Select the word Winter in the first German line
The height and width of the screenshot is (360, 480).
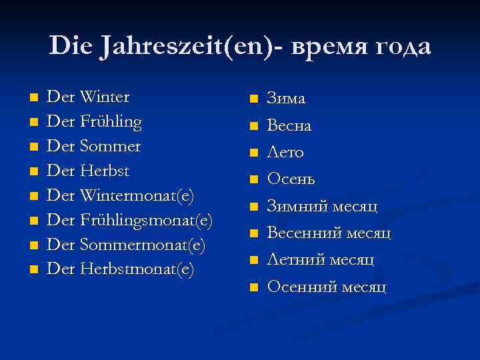(104, 97)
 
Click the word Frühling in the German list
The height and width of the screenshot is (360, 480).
(111, 122)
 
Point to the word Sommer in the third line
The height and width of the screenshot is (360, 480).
(110, 146)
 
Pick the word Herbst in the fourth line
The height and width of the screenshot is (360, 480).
(104, 171)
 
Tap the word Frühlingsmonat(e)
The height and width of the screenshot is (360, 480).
(146, 221)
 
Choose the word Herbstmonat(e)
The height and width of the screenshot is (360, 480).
(137, 269)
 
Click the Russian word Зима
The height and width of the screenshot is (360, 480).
(286, 99)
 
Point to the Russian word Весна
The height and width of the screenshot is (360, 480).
(289, 125)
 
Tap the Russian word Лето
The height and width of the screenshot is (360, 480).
(285, 153)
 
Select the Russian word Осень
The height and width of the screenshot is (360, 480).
(291, 179)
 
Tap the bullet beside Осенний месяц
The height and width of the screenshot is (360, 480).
(252, 288)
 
